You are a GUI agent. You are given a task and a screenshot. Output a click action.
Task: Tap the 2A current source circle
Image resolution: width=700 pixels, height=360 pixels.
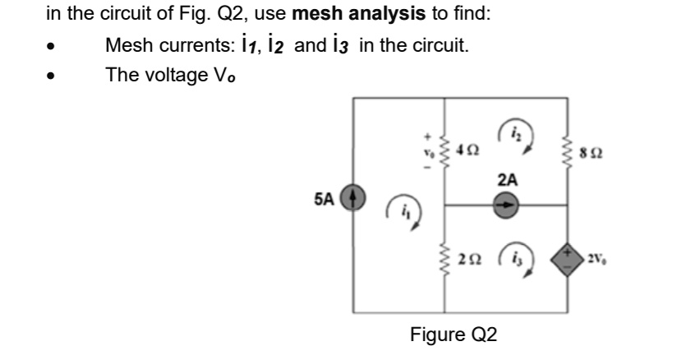tap(506, 205)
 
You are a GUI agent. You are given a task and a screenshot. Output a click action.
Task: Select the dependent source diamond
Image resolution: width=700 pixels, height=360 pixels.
tap(568, 259)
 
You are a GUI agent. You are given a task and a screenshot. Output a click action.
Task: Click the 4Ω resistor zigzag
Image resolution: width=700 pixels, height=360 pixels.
tap(444, 151)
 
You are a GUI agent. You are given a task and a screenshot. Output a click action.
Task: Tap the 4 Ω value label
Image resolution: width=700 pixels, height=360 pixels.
tap(467, 151)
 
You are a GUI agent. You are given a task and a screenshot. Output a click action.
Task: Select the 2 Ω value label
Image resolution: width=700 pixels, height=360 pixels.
tap(467, 261)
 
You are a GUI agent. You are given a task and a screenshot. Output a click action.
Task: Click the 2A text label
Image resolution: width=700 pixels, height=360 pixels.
tap(508, 180)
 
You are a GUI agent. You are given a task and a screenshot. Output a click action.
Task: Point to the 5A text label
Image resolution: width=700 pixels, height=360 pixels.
tap(324, 199)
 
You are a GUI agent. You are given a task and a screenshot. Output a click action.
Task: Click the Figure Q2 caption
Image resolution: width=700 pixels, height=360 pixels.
tap(454, 335)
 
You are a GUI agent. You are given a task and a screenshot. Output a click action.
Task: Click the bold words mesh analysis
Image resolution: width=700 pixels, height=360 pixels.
tap(358, 14)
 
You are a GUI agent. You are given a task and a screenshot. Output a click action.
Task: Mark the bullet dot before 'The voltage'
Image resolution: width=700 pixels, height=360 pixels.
tap(52, 76)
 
